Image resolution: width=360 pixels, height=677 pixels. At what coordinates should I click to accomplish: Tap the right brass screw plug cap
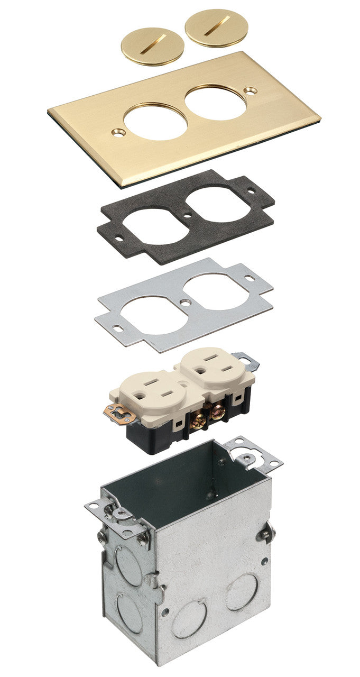209,28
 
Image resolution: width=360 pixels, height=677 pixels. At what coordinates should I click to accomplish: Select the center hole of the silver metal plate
187,303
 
